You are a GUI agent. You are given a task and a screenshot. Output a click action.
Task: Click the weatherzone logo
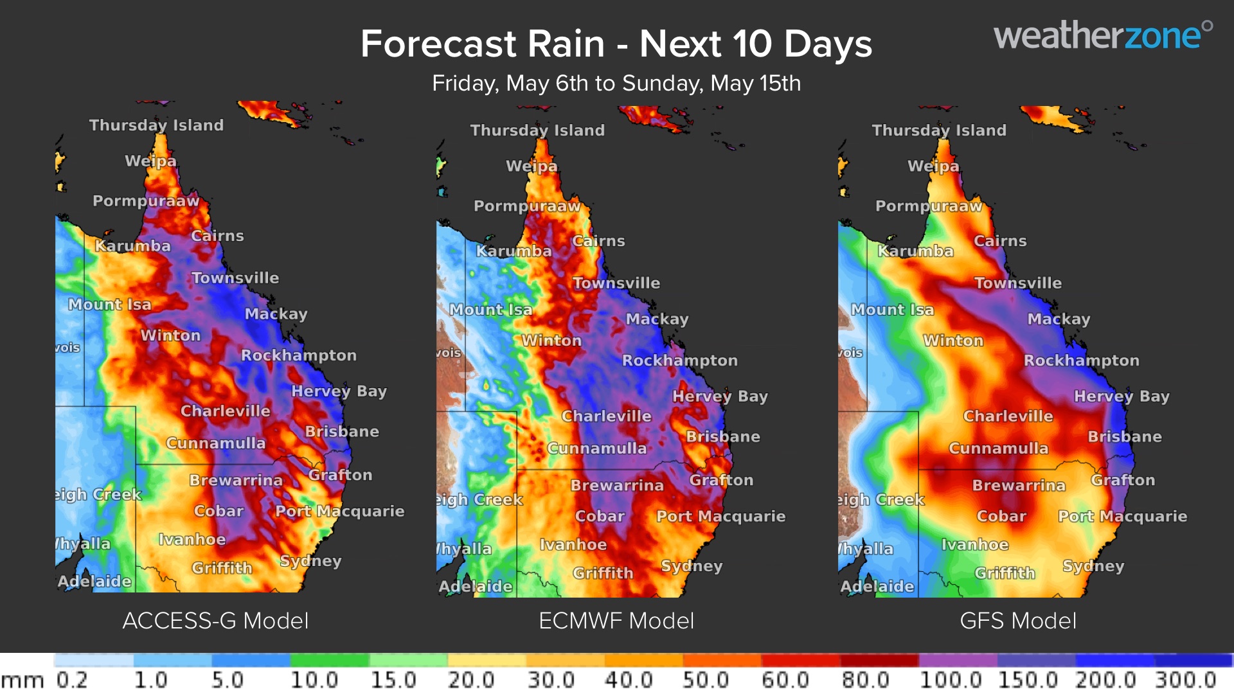[x=1102, y=36]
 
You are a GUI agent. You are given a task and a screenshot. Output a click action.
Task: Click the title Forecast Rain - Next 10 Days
[x=616, y=44]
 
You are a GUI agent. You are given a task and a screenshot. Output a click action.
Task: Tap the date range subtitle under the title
[x=616, y=84]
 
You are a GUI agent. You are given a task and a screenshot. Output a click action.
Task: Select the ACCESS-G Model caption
[x=215, y=621]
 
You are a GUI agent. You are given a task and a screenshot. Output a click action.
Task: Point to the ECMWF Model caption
[x=616, y=621]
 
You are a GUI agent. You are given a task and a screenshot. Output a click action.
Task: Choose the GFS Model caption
[x=1017, y=621]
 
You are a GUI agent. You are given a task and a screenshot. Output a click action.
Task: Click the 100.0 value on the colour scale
[x=950, y=680]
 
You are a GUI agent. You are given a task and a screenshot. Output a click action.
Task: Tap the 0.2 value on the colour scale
[x=71, y=680]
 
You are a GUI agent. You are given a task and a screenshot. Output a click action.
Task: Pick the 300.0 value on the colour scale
[x=1185, y=680]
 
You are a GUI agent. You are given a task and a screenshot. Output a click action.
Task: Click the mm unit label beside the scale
[x=22, y=681]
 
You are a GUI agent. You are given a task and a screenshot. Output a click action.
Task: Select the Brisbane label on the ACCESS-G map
[x=341, y=431]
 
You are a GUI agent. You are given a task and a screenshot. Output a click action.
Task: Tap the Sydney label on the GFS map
[x=1093, y=566]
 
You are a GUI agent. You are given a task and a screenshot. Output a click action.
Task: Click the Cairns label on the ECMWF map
[x=598, y=241]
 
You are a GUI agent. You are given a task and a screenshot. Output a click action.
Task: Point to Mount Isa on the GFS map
[x=892, y=310]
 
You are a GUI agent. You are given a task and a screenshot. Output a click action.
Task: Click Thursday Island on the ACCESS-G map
[x=156, y=125]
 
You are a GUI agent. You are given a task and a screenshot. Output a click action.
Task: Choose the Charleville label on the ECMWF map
[x=606, y=416]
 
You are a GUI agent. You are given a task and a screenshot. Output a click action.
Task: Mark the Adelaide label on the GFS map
[x=877, y=586]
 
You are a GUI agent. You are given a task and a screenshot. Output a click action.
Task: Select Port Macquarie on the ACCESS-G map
[x=339, y=512]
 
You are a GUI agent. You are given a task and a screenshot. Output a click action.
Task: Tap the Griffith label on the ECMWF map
[x=603, y=573]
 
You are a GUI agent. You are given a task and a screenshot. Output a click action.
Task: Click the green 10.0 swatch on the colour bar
[x=329, y=660]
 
